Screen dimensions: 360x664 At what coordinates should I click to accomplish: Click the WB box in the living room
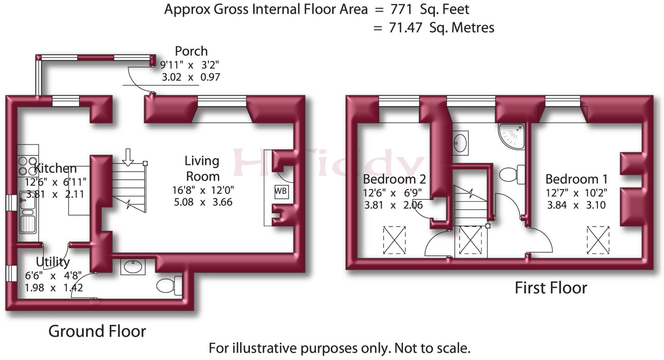coord(281,191)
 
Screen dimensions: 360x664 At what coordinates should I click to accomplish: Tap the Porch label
coord(191,51)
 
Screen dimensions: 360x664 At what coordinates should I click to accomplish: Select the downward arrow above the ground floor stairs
coord(128,157)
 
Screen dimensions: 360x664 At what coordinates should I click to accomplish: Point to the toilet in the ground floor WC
coord(169,286)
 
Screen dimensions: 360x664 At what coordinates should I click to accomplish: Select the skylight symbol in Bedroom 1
coord(598,240)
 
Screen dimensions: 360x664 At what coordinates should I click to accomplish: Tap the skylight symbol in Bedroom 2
coord(394,240)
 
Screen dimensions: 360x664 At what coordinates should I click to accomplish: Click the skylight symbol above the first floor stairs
coord(470,240)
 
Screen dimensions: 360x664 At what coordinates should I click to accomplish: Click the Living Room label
coord(202,169)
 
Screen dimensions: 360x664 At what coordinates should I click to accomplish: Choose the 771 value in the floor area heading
coord(401,9)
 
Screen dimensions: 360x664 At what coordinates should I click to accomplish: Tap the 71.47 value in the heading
coord(405,28)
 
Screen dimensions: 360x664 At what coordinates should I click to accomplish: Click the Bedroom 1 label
coord(576,179)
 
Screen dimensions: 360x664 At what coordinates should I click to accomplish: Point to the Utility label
coord(53,262)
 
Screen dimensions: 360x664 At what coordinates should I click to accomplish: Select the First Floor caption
coord(551,288)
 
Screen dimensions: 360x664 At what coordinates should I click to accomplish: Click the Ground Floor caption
coord(97,331)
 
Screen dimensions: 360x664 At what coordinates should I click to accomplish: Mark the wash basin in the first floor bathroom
coord(460,143)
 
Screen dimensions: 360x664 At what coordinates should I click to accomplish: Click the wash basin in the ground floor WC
coord(133,267)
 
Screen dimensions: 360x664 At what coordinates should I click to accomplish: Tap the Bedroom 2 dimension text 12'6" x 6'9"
coord(392,193)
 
